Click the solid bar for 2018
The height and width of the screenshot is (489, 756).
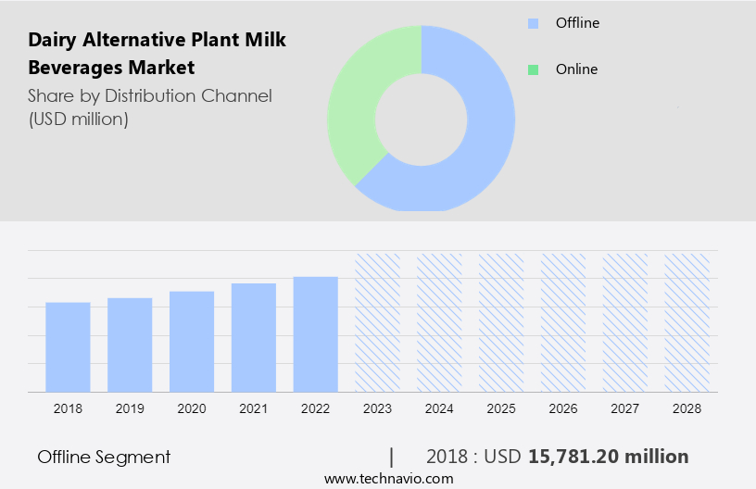point(68,346)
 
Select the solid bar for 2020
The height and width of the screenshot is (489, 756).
point(192,341)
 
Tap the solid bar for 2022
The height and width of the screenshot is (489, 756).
point(316,333)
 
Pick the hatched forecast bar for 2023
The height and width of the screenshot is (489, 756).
point(378,321)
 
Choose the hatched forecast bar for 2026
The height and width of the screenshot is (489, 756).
point(563,321)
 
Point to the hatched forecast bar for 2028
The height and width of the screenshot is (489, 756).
point(687,321)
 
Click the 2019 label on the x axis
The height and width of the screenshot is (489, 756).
point(130,408)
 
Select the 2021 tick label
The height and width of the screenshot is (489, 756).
point(254,408)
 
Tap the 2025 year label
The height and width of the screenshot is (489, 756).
point(501,408)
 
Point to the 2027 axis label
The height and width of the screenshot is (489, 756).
point(625,408)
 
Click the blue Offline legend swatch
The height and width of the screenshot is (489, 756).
point(533,23)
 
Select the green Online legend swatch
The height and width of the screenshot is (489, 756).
point(533,69)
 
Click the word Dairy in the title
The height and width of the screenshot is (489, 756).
point(52,41)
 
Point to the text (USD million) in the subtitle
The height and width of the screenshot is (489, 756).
point(78,119)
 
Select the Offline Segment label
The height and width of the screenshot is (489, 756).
point(104,457)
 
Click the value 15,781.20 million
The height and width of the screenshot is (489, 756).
point(608,457)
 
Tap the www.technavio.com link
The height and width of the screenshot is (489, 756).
point(388,479)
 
